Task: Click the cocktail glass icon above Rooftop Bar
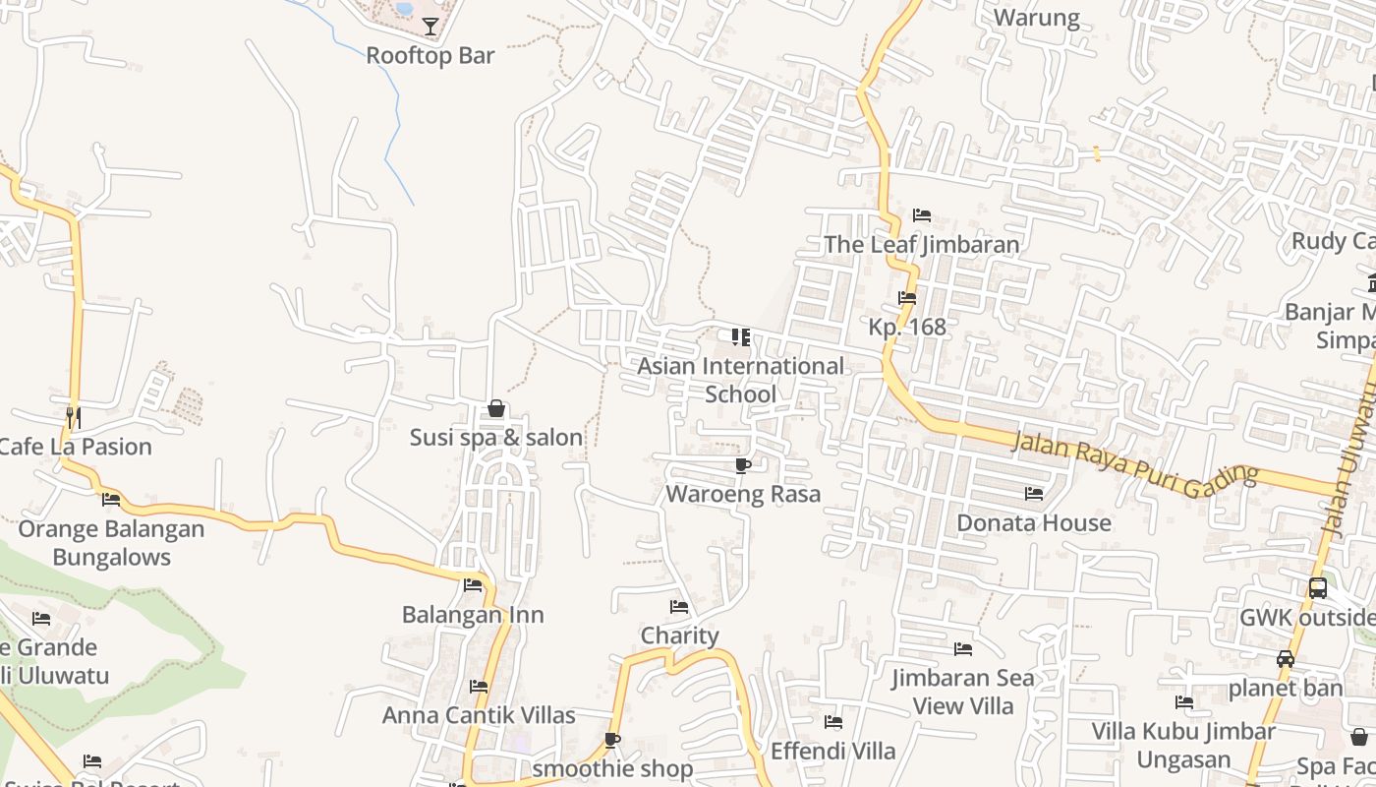click(x=430, y=26)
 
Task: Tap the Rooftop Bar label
click(x=430, y=55)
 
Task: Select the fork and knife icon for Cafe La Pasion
click(x=73, y=417)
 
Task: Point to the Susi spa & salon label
click(x=496, y=437)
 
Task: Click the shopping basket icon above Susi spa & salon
click(x=496, y=408)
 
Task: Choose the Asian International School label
click(x=741, y=380)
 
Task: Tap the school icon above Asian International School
click(x=741, y=337)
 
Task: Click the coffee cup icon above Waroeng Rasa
click(x=742, y=465)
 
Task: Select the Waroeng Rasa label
click(x=743, y=494)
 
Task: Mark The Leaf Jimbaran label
click(x=921, y=244)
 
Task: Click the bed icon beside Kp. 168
click(x=907, y=297)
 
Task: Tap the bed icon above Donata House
click(x=1034, y=493)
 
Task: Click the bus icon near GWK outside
click(x=1318, y=588)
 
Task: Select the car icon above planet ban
click(x=1285, y=659)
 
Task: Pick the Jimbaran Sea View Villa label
click(x=963, y=692)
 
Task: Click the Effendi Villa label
click(x=833, y=751)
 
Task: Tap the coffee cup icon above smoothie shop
click(x=612, y=740)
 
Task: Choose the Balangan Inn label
click(x=473, y=615)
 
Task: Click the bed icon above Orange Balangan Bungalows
click(x=111, y=500)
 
